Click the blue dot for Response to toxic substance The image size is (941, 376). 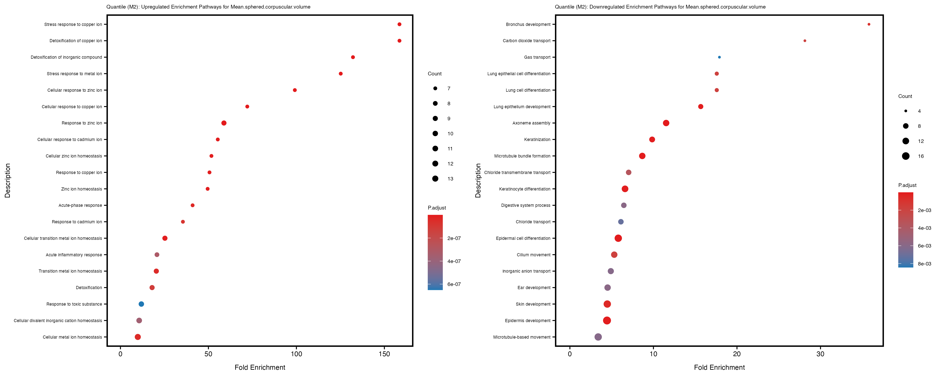(x=141, y=304)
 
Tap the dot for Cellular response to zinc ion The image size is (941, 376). (x=295, y=90)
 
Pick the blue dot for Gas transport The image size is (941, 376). (x=719, y=57)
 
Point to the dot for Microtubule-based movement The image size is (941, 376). (x=598, y=337)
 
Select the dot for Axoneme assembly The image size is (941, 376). (x=666, y=123)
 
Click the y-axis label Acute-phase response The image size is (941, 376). (x=80, y=206)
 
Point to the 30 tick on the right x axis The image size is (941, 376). (x=821, y=354)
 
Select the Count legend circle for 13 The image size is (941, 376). (x=435, y=179)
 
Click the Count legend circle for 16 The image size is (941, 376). (x=906, y=156)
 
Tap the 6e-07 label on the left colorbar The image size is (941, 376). (x=454, y=284)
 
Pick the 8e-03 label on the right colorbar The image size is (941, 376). (x=924, y=264)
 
